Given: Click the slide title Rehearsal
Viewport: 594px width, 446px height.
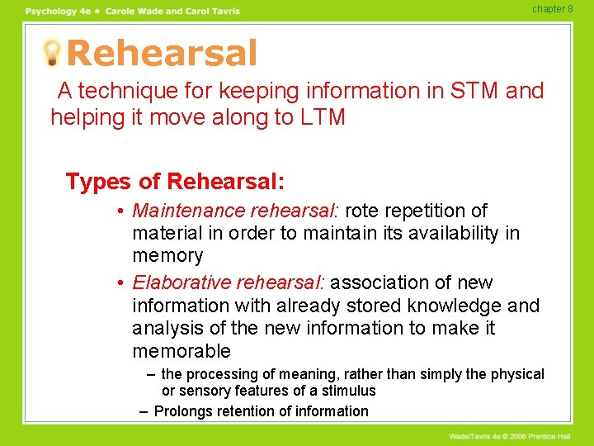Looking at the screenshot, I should click(162, 54).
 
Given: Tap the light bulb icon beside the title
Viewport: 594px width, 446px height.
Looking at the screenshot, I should click(51, 53).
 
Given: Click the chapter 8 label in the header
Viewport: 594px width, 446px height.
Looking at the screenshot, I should click(552, 9).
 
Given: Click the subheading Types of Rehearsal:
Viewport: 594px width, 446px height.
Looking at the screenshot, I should click(173, 181).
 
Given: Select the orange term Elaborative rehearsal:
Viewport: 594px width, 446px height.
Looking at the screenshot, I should click(229, 283).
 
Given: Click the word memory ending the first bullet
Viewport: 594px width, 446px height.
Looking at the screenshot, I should click(167, 256).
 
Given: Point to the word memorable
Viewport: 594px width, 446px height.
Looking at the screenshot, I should click(181, 351).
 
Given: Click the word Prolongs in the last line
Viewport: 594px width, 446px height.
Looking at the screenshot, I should click(184, 411).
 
